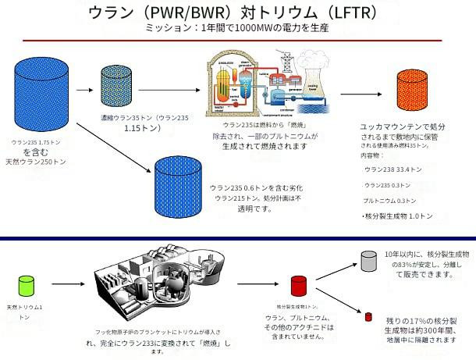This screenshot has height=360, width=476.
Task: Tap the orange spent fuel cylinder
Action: point(411,92)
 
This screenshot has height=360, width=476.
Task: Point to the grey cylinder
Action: point(371,262)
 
